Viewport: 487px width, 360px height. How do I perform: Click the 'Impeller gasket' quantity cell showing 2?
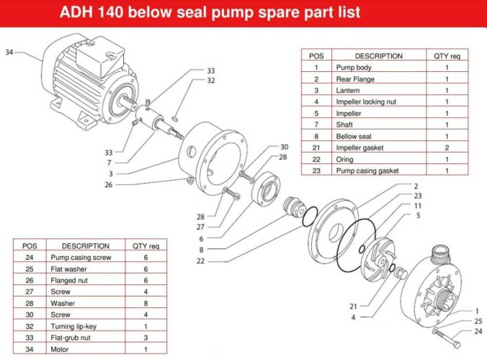click(x=447, y=148)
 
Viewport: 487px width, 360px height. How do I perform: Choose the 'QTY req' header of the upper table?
click(x=447, y=55)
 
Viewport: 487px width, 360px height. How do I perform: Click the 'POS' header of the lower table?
click(x=30, y=246)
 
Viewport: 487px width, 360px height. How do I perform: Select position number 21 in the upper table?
click(x=316, y=148)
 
